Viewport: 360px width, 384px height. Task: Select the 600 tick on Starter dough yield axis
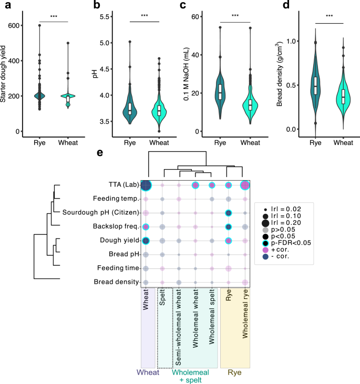tap(28, 26)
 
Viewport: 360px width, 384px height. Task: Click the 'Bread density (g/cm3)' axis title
tap(280, 66)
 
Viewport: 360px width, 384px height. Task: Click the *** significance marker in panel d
tap(329, 16)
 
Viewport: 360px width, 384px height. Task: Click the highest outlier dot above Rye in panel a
tap(39, 26)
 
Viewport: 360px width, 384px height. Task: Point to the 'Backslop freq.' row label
tap(116, 226)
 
